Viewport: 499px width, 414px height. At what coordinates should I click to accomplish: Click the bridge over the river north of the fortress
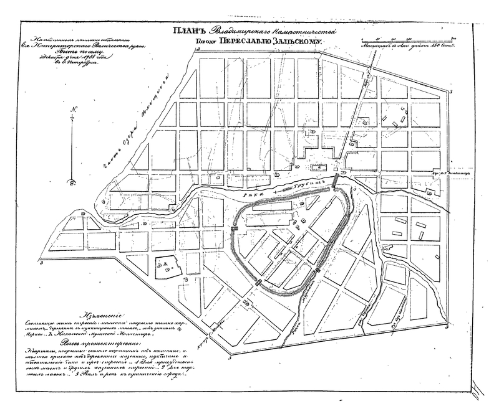[x=335, y=182]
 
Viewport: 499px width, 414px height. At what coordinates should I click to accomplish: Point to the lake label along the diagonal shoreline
[x=147, y=126]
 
